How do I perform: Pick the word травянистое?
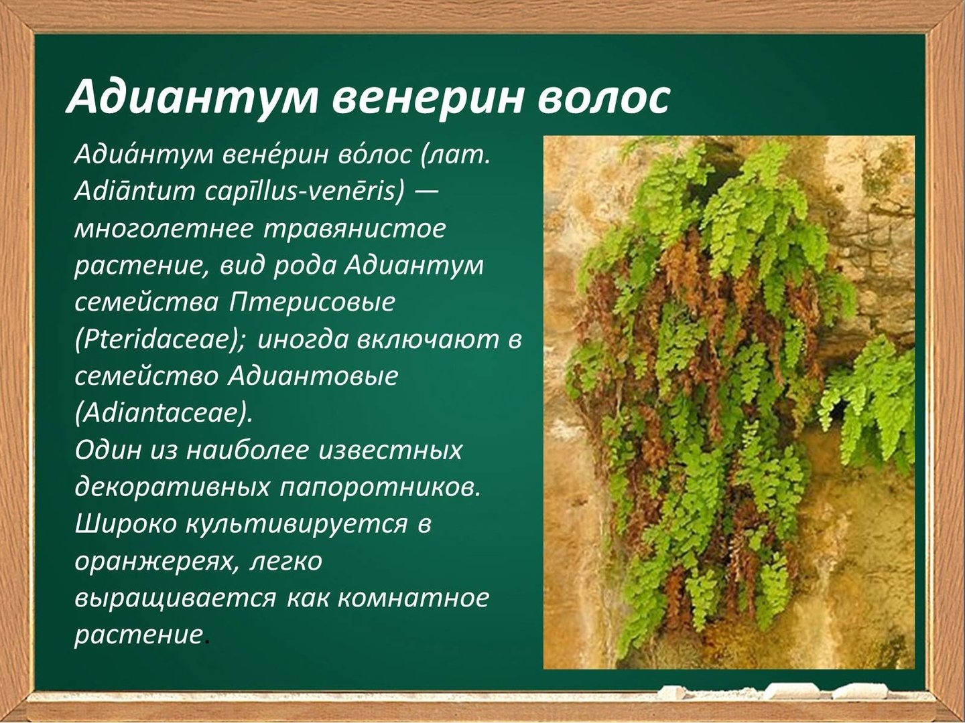pyautogui.click(x=355, y=229)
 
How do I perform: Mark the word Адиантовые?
pyautogui.click(x=313, y=377)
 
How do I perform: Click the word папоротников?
pyautogui.click(x=378, y=488)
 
